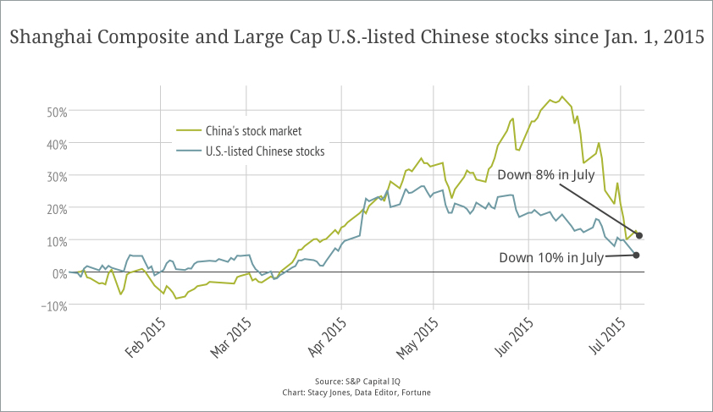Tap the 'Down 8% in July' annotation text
click(x=546, y=175)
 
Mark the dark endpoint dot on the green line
click(x=640, y=235)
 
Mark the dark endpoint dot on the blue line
click(x=636, y=255)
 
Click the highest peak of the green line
click(x=562, y=96)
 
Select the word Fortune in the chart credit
click(x=413, y=393)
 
